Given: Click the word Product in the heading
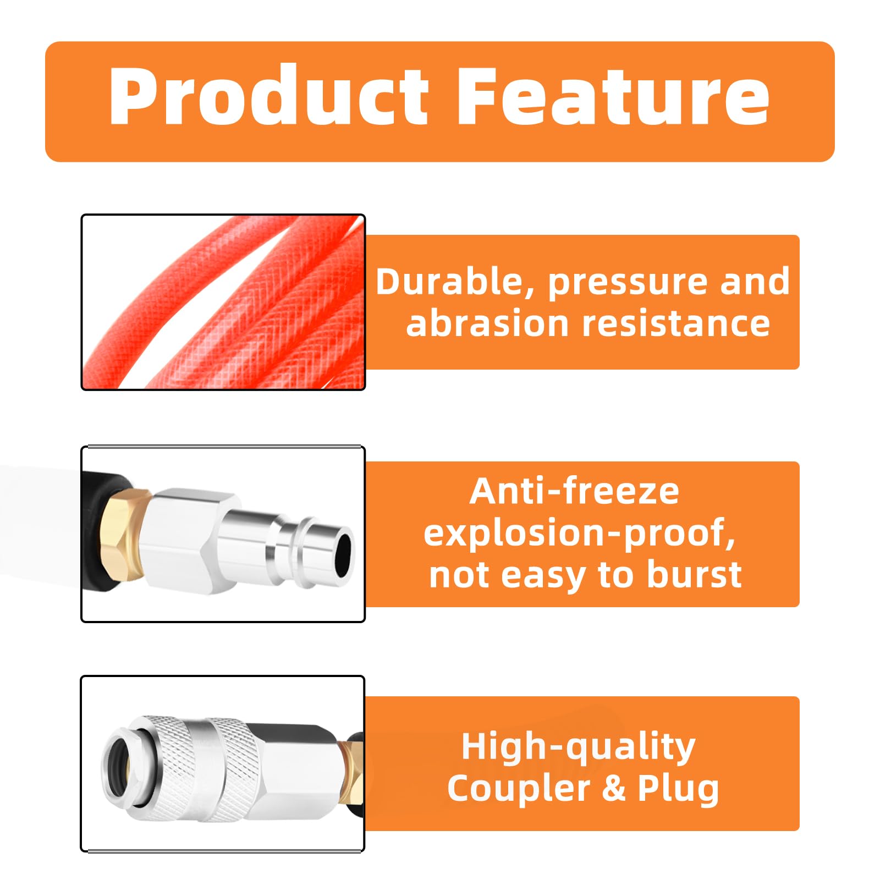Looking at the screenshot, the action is [268, 96].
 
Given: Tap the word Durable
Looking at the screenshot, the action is [455, 283].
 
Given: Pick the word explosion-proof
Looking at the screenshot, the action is [580, 533].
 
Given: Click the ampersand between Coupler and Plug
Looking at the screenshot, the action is [614, 789].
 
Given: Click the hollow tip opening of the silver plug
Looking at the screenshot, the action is [343, 554].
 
